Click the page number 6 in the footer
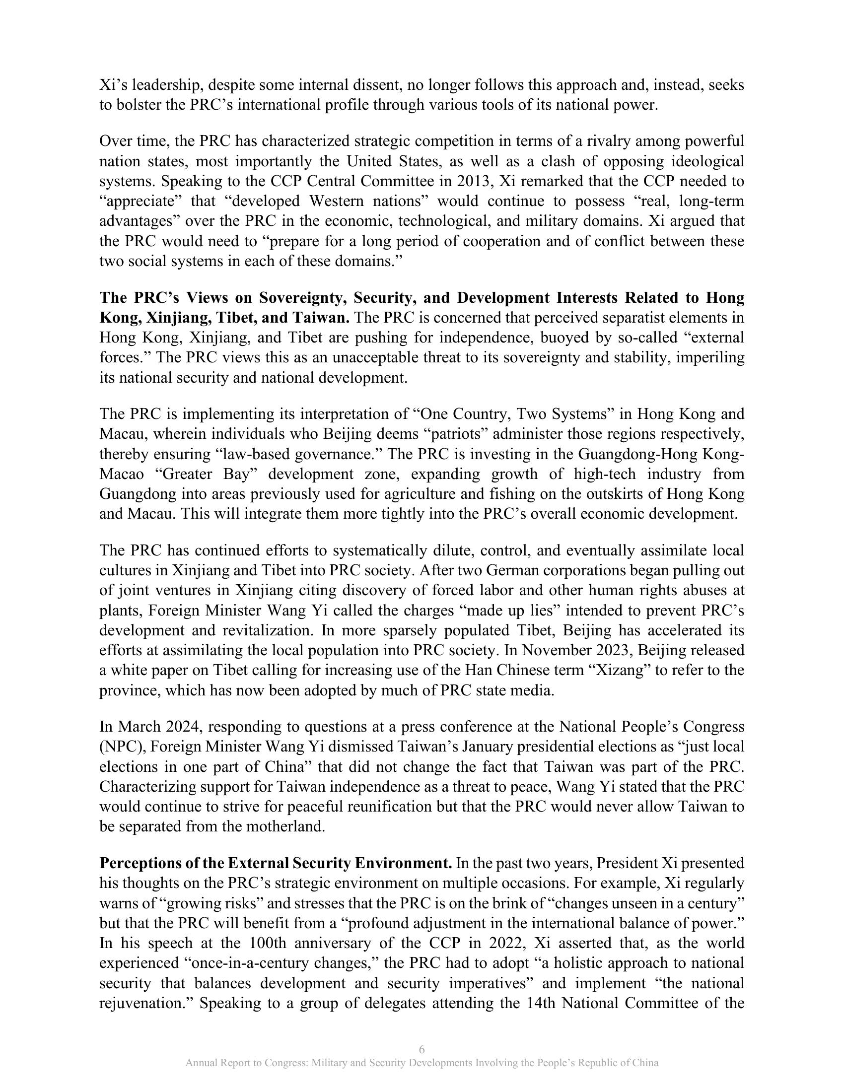422,1048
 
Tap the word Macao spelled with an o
123,474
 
